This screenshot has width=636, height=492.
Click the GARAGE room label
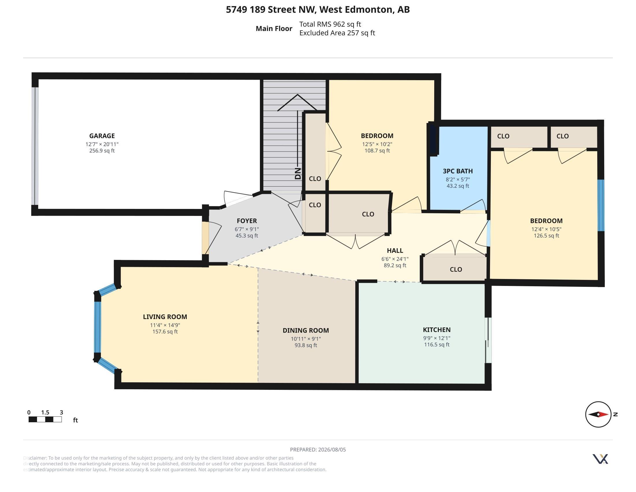pos(102,136)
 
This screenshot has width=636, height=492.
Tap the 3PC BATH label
pos(458,171)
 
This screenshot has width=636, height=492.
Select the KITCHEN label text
pos(437,330)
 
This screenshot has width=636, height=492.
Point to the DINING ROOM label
pos(306,331)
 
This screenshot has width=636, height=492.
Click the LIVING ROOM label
pos(165,317)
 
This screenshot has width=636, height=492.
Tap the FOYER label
pos(247,221)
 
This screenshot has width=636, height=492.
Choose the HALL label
pos(395,251)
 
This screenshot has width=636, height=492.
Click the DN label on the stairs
pos(297,173)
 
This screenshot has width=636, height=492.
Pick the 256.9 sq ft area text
pos(102,151)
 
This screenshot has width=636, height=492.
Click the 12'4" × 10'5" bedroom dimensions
pos(546,230)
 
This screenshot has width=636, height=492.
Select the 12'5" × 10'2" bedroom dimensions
pos(377,144)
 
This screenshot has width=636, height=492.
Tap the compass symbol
pos(598,414)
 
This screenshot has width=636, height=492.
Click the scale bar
pos(45,419)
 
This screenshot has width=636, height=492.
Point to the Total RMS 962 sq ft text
pos(330,24)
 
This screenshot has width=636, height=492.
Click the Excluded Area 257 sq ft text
pos(337,33)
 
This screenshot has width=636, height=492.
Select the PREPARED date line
pos(318,450)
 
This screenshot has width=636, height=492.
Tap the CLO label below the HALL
pos(456,270)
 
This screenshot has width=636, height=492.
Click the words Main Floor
pos(274,29)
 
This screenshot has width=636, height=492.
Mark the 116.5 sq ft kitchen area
pos(437,344)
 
